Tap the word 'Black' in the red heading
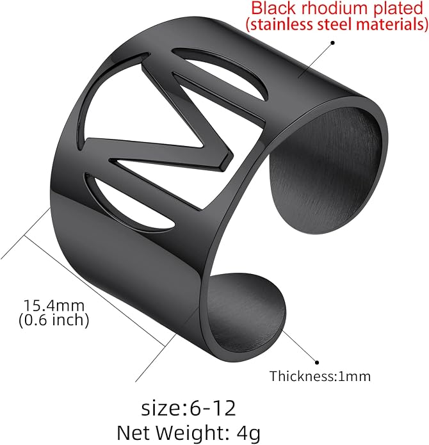click(273, 8)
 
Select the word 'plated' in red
click(398, 9)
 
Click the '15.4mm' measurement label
click(54, 305)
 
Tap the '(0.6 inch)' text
click(54, 320)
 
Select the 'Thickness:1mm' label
click(320, 376)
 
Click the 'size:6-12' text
click(188, 408)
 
